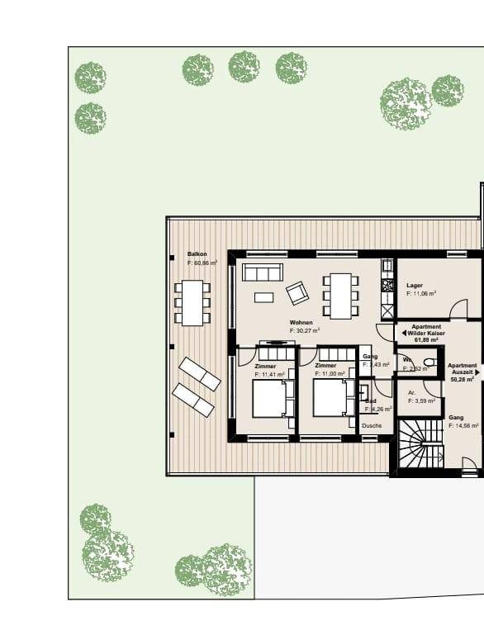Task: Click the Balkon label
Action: pyautogui.click(x=197, y=254)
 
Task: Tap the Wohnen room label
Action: pyautogui.click(x=301, y=322)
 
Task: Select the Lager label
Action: pyautogui.click(x=415, y=285)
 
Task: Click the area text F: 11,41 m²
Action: pyautogui.click(x=270, y=374)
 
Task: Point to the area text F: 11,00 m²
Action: pyautogui.click(x=330, y=374)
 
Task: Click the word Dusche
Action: pyautogui.click(x=372, y=426)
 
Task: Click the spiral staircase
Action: pyautogui.click(x=420, y=443)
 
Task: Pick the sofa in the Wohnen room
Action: pyautogui.click(x=263, y=272)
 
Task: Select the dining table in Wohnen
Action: pyautogui.click(x=340, y=296)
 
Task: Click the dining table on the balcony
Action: pyautogui.click(x=192, y=302)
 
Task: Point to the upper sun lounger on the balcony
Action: pyautogui.click(x=200, y=374)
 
